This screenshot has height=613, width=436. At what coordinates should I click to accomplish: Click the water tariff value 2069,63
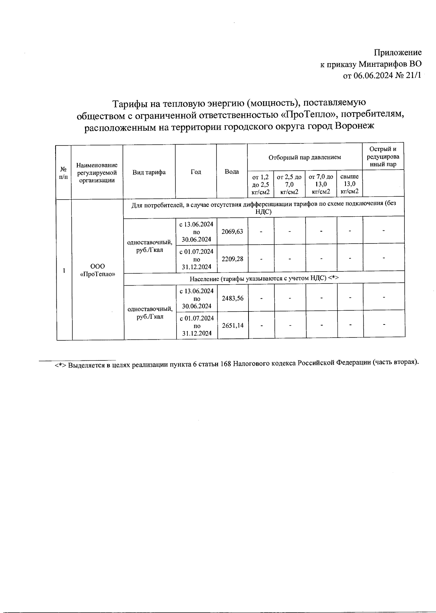point(232,231)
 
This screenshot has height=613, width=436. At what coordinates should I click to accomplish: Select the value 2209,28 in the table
point(232,259)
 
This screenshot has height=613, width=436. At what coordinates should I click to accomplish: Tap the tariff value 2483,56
point(233,298)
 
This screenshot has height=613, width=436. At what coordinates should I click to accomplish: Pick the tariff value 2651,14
point(233,326)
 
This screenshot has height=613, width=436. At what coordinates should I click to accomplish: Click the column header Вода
point(232,172)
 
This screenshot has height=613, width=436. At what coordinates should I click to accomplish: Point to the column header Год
point(196,172)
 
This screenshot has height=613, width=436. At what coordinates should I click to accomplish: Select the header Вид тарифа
point(149,172)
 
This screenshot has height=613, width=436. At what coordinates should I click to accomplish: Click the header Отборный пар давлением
point(304,157)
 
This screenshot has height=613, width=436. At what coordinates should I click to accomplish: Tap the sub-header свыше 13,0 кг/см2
point(350,184)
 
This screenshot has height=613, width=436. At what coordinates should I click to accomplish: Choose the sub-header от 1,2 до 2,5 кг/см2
point(261,184)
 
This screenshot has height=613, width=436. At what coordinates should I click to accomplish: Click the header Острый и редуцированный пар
point(383,156)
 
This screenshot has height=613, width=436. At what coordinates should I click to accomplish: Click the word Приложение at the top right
point(398,53)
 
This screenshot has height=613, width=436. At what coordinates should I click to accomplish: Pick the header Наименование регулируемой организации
point(97,173)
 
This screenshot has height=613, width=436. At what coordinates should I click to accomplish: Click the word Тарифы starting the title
point(129,104)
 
